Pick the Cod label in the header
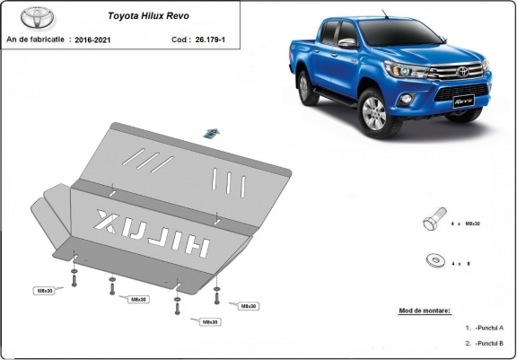[x=180, y=40]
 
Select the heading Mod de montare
[x=424, y=311]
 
